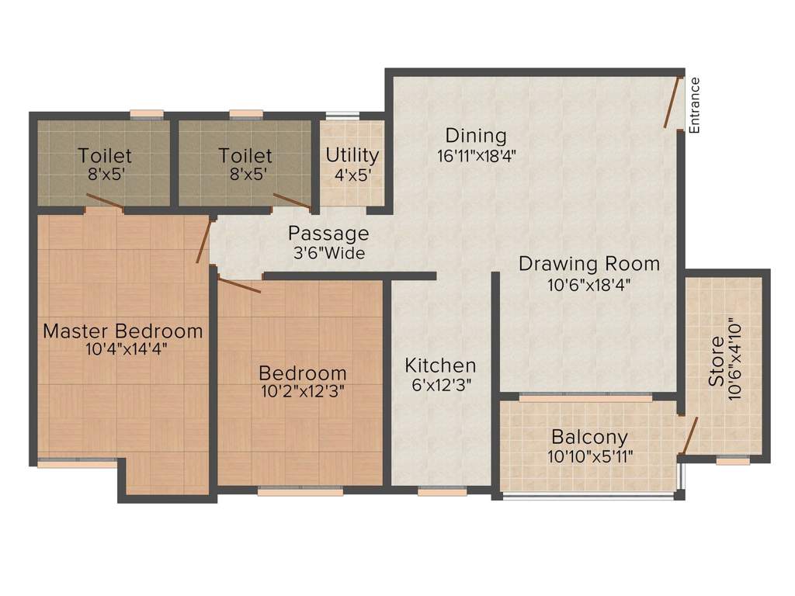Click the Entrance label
coord(694,106)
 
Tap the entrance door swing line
coord(672,102)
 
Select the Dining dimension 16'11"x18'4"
coord(477,155)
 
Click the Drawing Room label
coord(589,264)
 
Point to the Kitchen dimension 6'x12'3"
coord(442,385)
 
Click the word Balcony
coord(590,437)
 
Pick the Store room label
coord(717,362)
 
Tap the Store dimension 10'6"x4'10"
coord(734,359)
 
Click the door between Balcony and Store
coord(690,435)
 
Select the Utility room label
coord(352,155)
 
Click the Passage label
coord(328,234)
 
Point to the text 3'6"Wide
coord(329,252)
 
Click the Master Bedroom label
coord(123,331)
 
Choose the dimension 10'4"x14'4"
coord(127,349)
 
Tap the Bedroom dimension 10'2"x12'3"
coord(303,392)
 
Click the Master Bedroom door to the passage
coord(203,241)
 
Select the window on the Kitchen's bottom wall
coord(443,491)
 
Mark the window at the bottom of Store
coord(733,461)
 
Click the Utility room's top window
coord(342,115)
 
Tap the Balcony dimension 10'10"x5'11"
coord(590,456)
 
